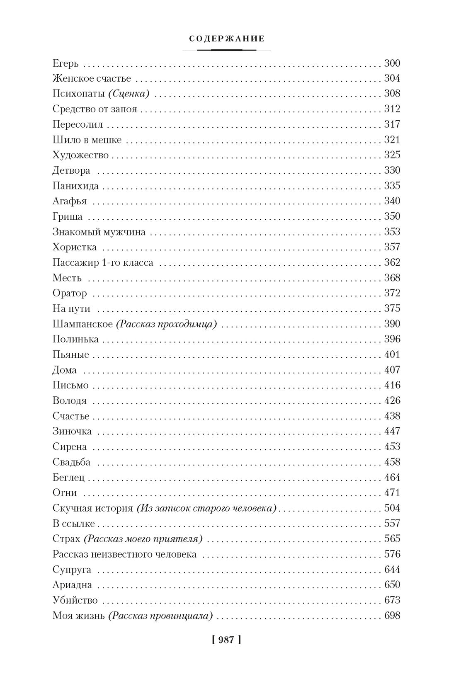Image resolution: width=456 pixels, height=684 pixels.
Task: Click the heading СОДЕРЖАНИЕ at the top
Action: coord(226,39)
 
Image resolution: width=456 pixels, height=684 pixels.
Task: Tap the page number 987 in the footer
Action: coord(226,640)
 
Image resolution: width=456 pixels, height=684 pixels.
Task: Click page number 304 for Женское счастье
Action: coord(392,78)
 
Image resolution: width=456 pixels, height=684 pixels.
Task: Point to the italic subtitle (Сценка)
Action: coord(129,94)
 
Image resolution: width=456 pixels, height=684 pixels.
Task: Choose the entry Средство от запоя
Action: coord(95,109)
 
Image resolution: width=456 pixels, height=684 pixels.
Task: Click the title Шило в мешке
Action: coord(87,140)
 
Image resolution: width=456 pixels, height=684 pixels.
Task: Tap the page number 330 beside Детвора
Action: coord(392,170)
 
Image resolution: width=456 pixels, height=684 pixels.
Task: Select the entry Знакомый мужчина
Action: coord(99,232)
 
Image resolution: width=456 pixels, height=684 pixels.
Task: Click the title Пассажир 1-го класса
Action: coord(103,262)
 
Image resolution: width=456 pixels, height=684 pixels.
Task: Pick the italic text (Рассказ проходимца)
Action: coord(166,324)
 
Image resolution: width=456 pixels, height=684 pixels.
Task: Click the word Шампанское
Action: coord(82,324)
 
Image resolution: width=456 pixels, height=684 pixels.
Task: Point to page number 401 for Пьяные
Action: coord(392,354)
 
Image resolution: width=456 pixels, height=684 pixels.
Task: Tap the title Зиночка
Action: coord(72,431)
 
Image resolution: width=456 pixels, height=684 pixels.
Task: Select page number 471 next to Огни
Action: coord(392,492)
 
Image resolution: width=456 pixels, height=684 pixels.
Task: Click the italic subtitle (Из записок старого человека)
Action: coord(206,508)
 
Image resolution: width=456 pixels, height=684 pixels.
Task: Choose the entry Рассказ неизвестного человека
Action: coord(124,554)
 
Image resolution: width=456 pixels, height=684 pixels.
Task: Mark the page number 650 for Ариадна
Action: coord(392,585)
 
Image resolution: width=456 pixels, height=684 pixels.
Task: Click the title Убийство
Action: coord(75,600)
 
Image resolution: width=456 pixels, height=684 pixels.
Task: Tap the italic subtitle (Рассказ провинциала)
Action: coord(160,616)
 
